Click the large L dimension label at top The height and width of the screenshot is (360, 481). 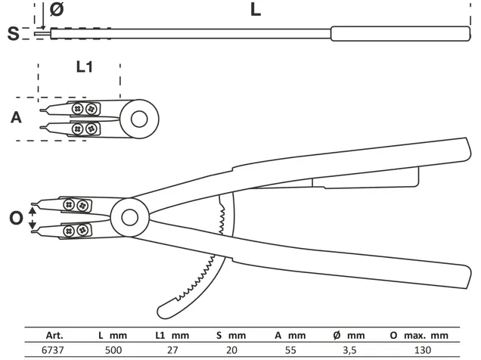(256, 11)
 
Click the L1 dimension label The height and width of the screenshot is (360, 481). (85, 67)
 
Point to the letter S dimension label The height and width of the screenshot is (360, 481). (12, 33)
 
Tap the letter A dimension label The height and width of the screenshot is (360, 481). (16, 117)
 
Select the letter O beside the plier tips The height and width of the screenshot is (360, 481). (15, 218)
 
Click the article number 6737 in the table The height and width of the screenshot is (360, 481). (54, 349)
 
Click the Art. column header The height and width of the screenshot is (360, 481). (54, 333)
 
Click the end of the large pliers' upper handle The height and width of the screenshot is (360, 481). (461, 148)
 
